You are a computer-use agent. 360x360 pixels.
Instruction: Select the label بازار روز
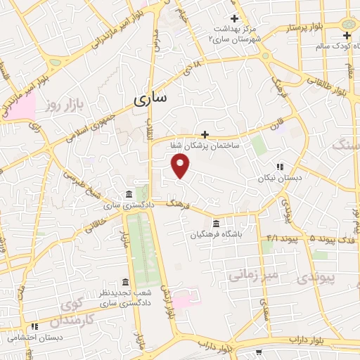61,106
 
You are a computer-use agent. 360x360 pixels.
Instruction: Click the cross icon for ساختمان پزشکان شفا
205,134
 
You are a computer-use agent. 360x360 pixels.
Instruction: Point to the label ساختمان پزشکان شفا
205,146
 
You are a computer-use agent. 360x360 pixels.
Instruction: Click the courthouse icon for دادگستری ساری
127,194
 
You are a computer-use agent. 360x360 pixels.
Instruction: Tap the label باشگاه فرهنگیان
216,236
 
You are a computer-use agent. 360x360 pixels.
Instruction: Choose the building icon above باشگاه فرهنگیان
216,224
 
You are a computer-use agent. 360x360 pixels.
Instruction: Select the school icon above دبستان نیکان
280,167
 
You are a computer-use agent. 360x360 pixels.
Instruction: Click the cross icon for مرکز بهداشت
234,18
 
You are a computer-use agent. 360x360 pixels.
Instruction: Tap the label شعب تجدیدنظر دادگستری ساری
125,298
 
